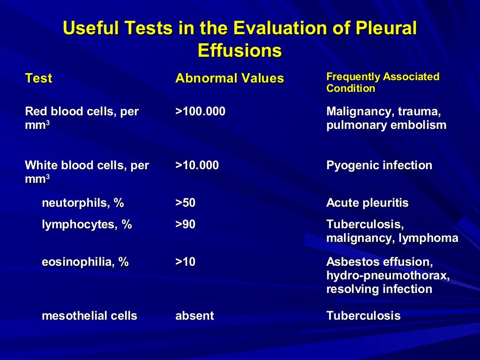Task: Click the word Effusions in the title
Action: pyautogui.click(x=240, y=50)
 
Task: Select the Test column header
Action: pyautogui.click(x=38, y=78)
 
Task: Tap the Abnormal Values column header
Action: pyautogui.click(x=229, y=78)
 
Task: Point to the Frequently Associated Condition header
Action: pyautogui.click(x=382, y=82)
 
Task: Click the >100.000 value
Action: pyautogui.click(x=200, y=112)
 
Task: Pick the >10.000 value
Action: pyautogui.click(x=197, y=165)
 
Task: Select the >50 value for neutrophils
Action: pyautogui.click(x=185, y=203)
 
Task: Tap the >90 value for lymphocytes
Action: pyautogui.click(x=185, y=225)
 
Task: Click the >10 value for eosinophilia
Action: pyautogui.click(x=185, y=262)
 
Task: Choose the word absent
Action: pyautogui.click(x=195, y=316)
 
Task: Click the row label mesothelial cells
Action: pyautogui.click(x=90, y=316)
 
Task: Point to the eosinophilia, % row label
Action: pyautogui.click(x=85, y=262)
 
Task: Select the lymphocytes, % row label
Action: pyautogui.click(x=87, y=225)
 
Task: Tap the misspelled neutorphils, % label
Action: pyautogui.click(x=83, y=203)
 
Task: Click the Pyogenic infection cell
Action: pyautogui.click(x=379, y=165)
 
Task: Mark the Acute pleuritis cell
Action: pyautogui.click(x=367, y=203)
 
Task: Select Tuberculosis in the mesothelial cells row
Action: pyautogui.click(x=363, y=316)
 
